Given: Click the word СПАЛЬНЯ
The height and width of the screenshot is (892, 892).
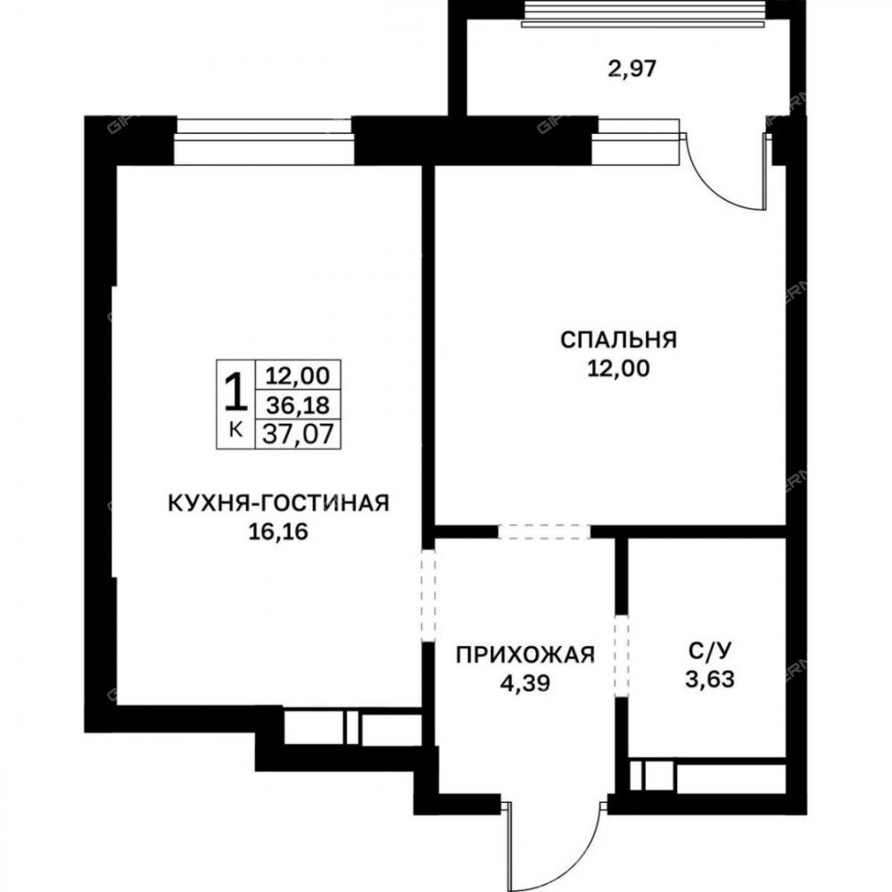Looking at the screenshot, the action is point(618,340).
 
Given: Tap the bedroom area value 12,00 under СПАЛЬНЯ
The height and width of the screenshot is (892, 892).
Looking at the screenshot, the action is point(618,368).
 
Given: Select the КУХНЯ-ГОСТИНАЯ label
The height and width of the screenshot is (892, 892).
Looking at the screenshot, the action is point(278,503).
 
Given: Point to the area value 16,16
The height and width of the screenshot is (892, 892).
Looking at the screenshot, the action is point(278,532).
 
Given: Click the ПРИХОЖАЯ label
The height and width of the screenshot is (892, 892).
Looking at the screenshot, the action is point(525,655).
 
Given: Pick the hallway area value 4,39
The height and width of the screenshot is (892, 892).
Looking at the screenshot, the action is point(525,682).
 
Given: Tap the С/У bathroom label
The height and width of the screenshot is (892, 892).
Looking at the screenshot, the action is point(709,651).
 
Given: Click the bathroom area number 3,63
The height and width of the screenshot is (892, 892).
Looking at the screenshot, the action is point(709,679).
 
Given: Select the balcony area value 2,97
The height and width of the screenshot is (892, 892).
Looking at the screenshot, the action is point(632,69).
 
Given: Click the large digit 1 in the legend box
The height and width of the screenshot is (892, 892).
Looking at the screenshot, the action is point(235,392).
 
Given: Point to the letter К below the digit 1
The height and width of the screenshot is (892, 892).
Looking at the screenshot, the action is point(235,430).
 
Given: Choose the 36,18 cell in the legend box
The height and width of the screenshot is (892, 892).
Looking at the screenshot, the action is point(298,405).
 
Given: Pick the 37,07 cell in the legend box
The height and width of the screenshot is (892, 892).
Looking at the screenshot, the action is point(298,434).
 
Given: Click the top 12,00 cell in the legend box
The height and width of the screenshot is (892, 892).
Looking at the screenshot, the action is point(298,376).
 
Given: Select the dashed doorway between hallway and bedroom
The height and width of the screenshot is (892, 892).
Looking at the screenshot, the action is point(544,532).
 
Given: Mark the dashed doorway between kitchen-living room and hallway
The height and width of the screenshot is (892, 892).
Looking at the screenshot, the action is point(428,595).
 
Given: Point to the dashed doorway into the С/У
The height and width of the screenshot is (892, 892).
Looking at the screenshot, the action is point(621,656).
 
